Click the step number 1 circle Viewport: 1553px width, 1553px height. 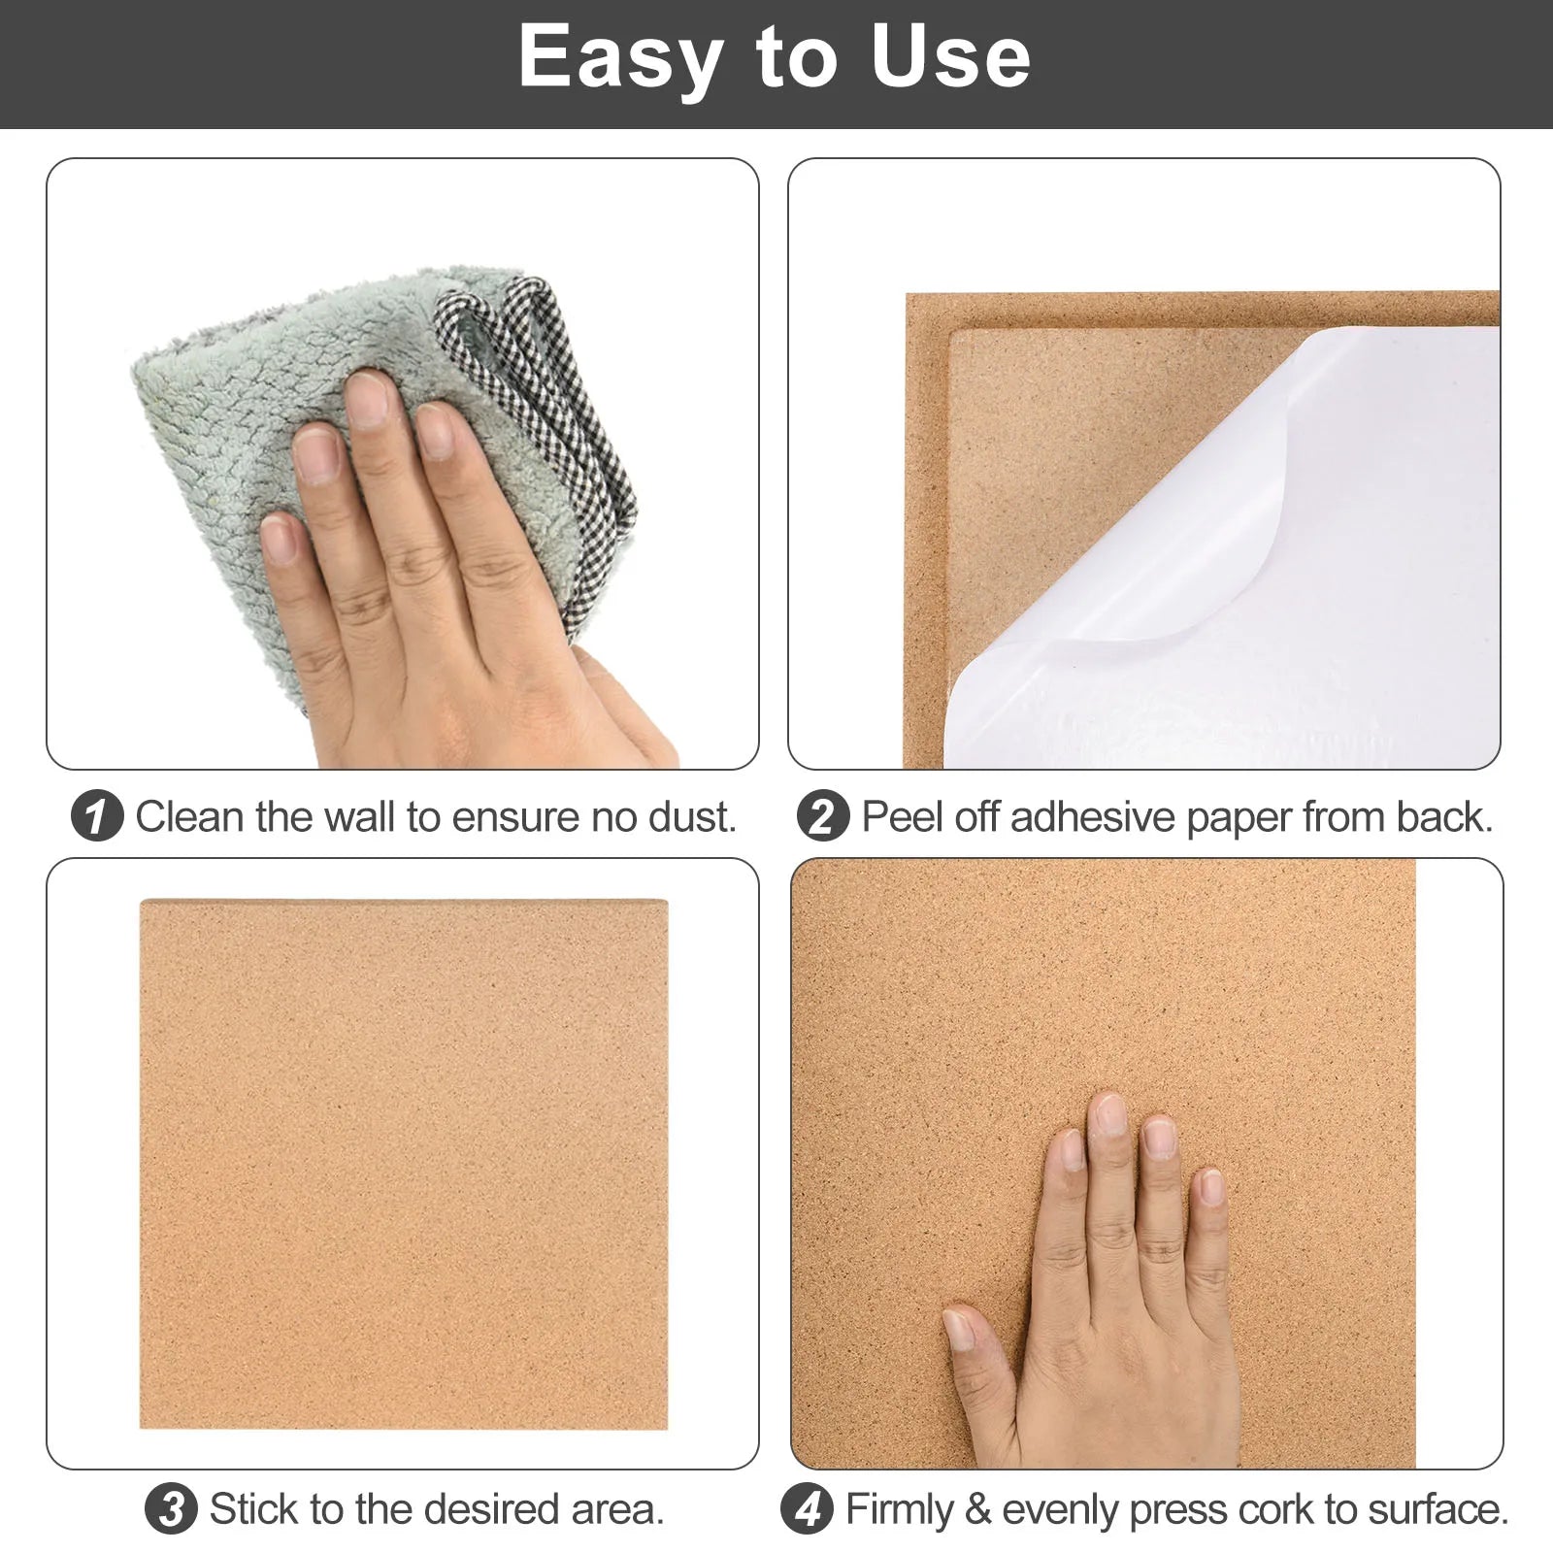[97, 816]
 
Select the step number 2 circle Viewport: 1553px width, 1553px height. [823, 816]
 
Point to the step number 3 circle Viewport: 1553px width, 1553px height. [171, 1508]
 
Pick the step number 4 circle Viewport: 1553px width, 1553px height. [807, 1508]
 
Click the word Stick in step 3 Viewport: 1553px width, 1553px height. [254, 1509]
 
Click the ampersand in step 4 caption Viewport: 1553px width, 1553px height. [977, 1510]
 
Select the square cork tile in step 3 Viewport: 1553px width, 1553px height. [404, 1164]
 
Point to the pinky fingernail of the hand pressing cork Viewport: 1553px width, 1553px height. [1211, 1186]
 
